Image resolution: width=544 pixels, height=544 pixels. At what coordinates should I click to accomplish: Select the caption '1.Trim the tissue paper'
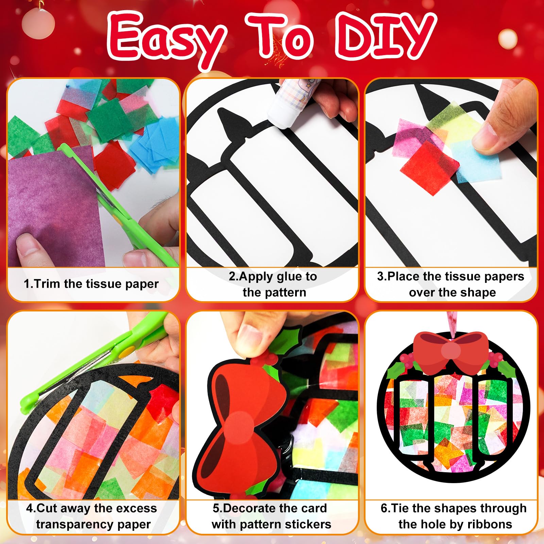tap(91, 284)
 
